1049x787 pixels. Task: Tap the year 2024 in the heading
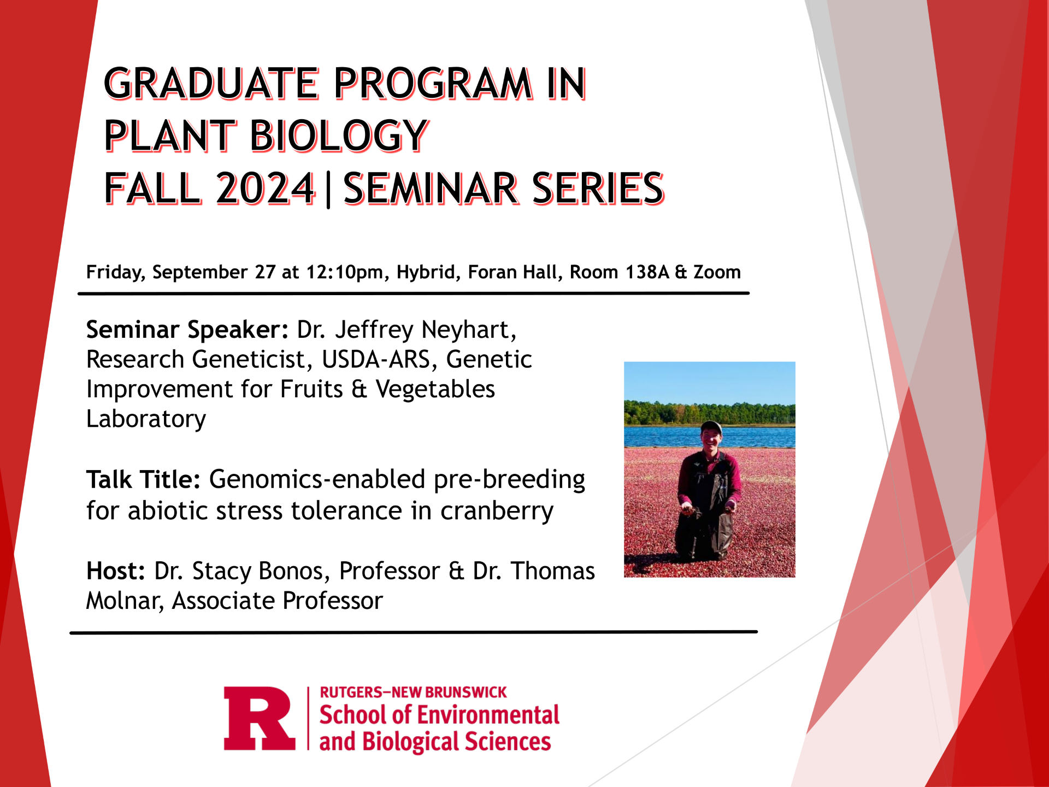click(266, 189)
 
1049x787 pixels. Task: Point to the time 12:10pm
click(347, 272)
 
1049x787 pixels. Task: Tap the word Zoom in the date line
click(717, 272)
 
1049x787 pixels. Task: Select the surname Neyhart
click(469, 330)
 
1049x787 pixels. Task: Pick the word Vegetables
click(435, 389)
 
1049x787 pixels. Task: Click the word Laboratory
click(146, 420)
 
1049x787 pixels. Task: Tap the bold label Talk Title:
click(144, 480)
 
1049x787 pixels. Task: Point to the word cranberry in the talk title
click(497, 512)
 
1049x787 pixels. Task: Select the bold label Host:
click(116, 571)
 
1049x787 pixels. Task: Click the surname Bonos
click(294, 572)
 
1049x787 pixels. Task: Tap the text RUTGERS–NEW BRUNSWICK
click(413, 692)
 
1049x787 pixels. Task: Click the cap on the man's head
click(710, 426)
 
